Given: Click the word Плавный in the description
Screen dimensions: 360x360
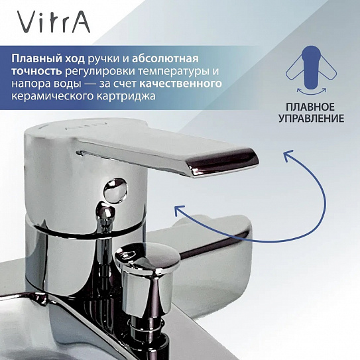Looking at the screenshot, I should pos(33,59).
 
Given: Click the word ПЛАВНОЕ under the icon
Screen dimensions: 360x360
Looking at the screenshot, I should pos(310,107).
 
